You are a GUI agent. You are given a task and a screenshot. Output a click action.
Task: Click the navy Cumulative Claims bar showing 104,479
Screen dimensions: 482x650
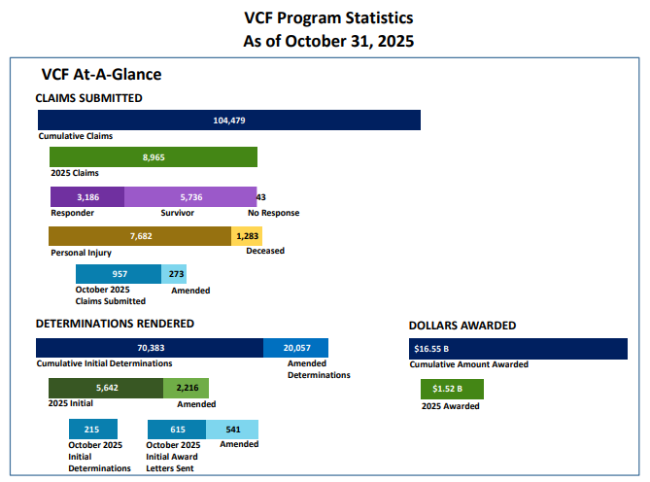click(x=228, y=120)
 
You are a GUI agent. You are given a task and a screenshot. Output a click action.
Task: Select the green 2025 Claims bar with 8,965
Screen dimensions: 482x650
click(x=154, y=157)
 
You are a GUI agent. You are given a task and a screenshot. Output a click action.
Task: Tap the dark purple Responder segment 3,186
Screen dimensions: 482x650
click(x=87, y=196)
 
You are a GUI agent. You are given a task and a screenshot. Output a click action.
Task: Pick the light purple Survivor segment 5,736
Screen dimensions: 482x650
click(x=190, y=196)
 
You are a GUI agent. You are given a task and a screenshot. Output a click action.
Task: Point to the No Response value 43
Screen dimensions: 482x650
click(x=261, y=196)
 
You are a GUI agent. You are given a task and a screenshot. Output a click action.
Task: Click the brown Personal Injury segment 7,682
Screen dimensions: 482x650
click(x=141, y=236)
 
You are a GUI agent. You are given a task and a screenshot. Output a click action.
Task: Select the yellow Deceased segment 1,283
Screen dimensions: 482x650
click(x=247, y=236)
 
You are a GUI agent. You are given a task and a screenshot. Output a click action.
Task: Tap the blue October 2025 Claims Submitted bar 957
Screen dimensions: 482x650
click(x=119, y=274)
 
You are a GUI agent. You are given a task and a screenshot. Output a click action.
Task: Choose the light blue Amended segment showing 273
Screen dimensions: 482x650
click(x=174, y=274)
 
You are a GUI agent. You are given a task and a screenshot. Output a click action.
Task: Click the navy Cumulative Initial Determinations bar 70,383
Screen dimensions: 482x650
click(x=150, y=348)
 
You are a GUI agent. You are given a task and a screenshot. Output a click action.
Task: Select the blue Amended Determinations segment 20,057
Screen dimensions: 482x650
click(x=295, y=348)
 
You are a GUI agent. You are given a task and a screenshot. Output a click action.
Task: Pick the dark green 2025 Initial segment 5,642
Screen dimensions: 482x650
click(x=106, y=388)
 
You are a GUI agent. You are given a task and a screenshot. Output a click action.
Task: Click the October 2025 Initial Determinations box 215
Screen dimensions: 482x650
click(x=92, y=429)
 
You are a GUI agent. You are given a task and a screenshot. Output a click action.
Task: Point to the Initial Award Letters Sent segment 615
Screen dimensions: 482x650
click(x=177, y=429)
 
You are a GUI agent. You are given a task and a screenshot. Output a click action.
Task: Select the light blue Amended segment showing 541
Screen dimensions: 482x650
click(x=232, y=429)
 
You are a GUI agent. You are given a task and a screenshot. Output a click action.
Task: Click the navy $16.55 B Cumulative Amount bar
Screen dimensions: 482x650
click(x=518, y=349)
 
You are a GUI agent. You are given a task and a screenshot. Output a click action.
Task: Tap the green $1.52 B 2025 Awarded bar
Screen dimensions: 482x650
click(x=452, y=390)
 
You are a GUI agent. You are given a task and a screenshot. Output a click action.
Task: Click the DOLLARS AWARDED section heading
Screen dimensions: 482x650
click(x=462, y=326)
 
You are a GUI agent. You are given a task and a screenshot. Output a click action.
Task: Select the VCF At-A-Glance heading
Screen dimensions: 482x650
click(x=101, y=74)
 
